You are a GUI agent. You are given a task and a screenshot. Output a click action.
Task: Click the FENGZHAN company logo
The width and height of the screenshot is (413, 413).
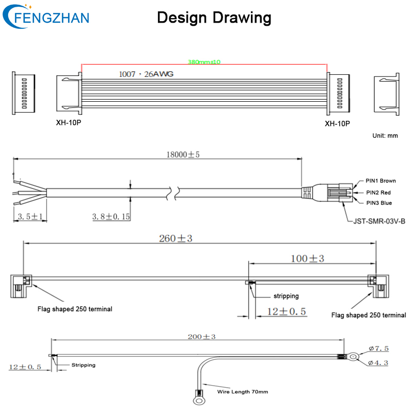(46, 17)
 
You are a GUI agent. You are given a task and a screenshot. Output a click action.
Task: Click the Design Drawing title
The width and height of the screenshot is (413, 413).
(214, 18)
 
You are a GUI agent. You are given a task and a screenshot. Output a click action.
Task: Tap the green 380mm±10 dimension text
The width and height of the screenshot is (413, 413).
(204, 62)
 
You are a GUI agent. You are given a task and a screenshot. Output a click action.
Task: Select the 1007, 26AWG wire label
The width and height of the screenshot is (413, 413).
(146, 74)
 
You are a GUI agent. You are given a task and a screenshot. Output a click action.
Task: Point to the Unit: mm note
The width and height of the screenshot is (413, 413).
(385, 136)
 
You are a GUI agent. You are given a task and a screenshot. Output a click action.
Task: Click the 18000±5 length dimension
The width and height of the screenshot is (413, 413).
(183, 154)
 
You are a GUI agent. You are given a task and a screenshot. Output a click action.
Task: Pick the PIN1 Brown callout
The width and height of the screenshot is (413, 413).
(380, 181)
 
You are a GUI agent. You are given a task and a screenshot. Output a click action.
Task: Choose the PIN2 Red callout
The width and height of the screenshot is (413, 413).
(378, 193)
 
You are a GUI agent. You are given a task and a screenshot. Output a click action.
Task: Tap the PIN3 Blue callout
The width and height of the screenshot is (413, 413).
(379, 203)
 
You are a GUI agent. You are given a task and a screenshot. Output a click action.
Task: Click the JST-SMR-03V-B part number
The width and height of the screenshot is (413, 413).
(379, 221)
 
